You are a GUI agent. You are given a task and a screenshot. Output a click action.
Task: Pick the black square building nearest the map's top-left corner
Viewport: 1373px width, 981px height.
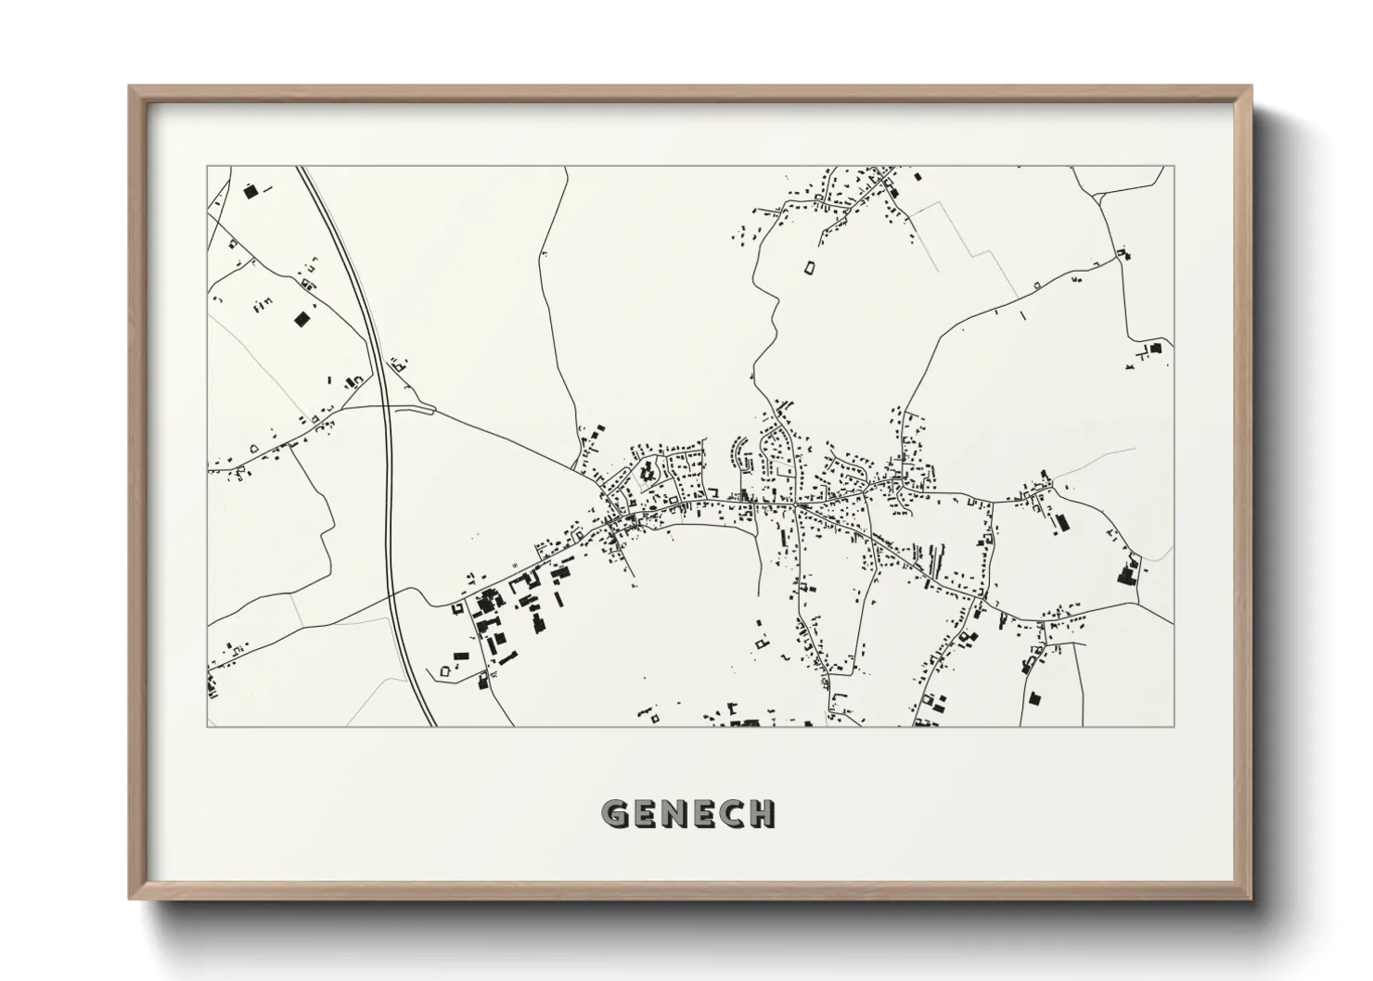[249, 192]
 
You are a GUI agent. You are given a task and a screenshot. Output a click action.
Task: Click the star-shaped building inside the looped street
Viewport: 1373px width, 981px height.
[648, 473]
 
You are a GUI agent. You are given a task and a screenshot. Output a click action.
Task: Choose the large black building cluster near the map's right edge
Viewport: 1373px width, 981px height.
[1129, 571]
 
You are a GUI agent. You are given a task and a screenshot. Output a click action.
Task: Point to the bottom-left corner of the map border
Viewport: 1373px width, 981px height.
[207, 726]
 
